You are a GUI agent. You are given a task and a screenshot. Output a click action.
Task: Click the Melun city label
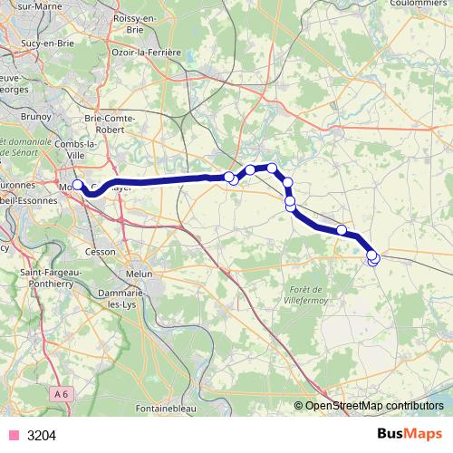(139, 274)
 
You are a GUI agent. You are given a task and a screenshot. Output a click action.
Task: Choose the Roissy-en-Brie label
(132, 24)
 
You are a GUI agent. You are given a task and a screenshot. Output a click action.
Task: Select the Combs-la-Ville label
(78, 150)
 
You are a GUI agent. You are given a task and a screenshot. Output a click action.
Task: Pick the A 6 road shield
(61, 393)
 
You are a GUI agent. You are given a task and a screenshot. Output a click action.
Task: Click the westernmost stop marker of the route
(77, 185)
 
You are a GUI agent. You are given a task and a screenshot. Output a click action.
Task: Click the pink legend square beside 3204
(13, 435)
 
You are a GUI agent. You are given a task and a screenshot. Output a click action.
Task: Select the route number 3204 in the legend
(42, 436)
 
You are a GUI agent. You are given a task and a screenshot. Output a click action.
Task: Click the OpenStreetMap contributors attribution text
(374, 406)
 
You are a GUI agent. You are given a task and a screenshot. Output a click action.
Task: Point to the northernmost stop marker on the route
(271, 168)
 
